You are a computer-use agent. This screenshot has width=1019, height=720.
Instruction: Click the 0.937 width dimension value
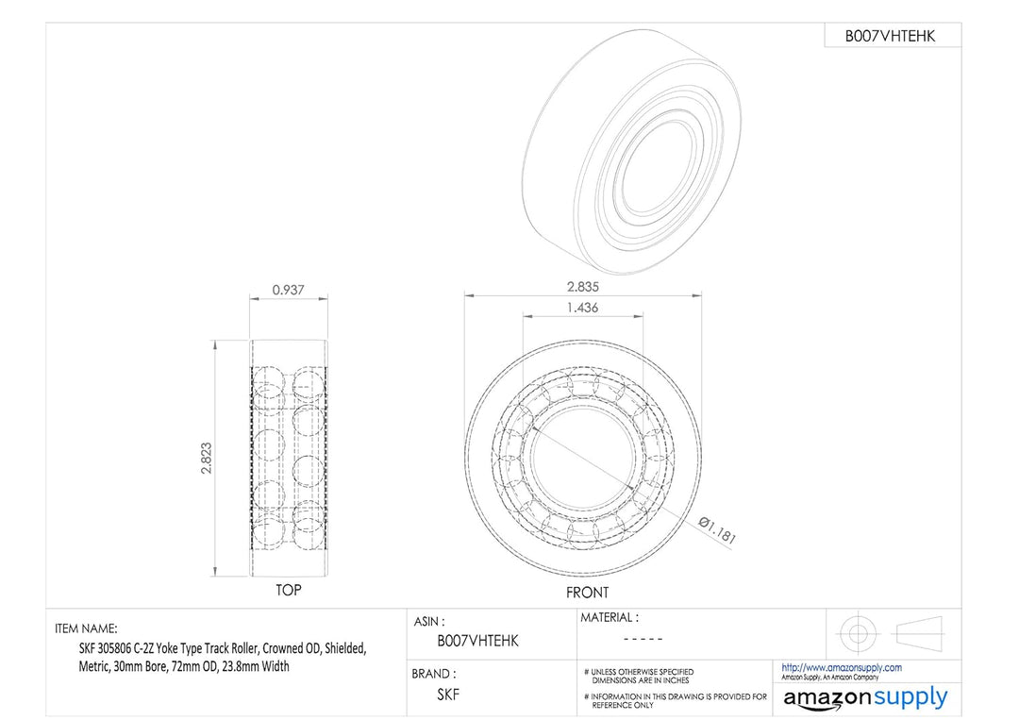pyautogui.click(x=288, y=291)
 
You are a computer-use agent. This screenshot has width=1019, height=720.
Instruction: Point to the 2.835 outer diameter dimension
pyautogui.click(x=582, y=287)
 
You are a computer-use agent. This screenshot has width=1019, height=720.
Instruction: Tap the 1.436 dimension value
pyautogui.click(x=582, y=308)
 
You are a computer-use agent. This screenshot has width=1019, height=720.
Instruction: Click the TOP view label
pyautogui.click(x=289, y=590)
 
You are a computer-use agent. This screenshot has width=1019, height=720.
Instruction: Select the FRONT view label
pyautogui.click(x=587, y=593)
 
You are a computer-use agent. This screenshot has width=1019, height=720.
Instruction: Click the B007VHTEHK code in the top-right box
pyautogui.click(x=891, y=36)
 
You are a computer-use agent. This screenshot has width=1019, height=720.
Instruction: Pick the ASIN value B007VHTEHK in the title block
pyautogui.click(x=477, y=641)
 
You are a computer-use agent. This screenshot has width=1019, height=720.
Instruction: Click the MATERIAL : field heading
pyautogui.click(x=610, y=618)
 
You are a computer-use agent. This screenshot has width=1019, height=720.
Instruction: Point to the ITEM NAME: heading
pyautogui.click(x=86, y=628)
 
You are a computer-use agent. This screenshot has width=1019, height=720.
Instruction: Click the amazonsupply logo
pyautogui.click(x=866, y=698)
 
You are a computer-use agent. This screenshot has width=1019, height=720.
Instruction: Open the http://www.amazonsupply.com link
pyautogui.click(x=842, y=668)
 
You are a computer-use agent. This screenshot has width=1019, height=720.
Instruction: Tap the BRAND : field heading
pyautogui.click(x=433, y=675)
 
